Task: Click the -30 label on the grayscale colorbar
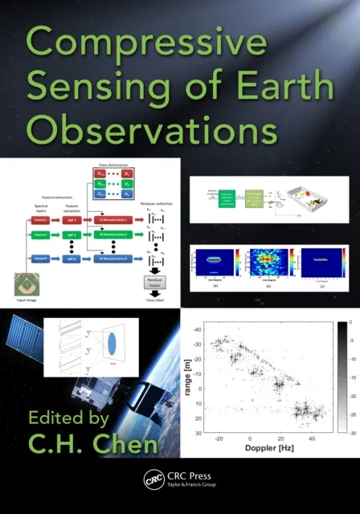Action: click(x=346, y=432)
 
